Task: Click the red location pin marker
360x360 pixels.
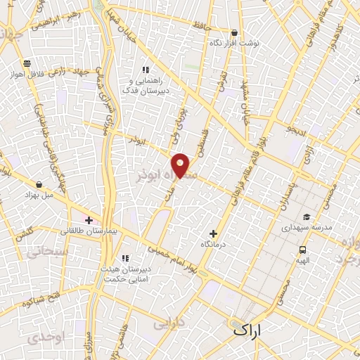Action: [181, 164]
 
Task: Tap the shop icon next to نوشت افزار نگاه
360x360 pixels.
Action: [233, 32]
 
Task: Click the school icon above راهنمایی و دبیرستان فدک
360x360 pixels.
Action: [146, 70]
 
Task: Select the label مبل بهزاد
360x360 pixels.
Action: [39, 193]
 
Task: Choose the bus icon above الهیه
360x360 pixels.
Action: [302, 249]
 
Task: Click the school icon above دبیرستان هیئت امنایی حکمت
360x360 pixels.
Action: [125, 258]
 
